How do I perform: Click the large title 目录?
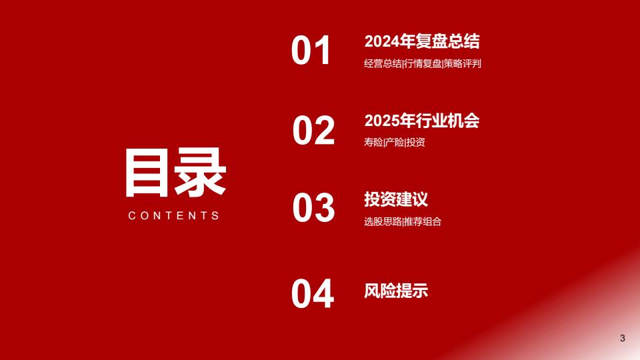(x=175, y=173)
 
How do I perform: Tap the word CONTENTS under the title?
(x=174, y=215)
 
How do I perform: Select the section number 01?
(x=311, y=50)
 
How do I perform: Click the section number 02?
(x=313, y=130)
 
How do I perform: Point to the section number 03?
(x=313, y=208)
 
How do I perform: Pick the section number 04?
(x=313, y=293)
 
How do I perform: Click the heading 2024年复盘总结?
(x=422, y=41)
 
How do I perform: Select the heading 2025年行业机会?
(x=422, y=121)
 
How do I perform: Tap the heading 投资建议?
(x=396, y=199)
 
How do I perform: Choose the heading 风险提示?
(x=396, y=291)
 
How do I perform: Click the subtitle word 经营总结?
(x=383, y=64)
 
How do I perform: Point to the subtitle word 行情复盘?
(x=423, y=64)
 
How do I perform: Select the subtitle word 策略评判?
(x=463, y=64)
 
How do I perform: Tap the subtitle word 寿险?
(x=373, y=142)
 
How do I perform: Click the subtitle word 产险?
(x=394, y=142)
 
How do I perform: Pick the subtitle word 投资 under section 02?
(x=415, y=142)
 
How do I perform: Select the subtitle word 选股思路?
(x=383, y=221)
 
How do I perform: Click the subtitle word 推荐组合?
(x=423, y=221)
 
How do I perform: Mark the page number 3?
(x=623, y=338)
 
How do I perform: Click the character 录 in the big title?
(x=201, y=173)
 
